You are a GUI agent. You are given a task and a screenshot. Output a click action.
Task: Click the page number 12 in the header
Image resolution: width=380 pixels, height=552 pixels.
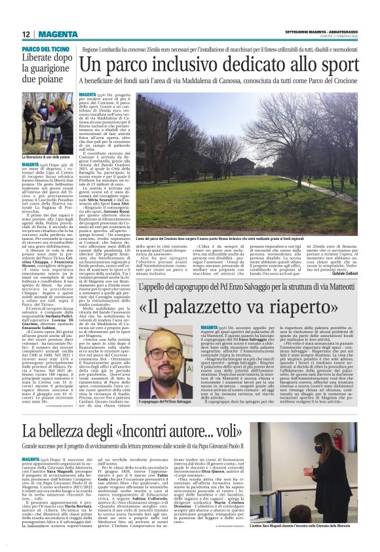tap(26, 34)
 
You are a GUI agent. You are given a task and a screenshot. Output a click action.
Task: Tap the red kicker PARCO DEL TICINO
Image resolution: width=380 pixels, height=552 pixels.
tap(45, 49)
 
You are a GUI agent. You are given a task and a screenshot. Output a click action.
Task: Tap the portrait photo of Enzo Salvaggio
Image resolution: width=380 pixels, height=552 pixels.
tap(167, 358)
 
